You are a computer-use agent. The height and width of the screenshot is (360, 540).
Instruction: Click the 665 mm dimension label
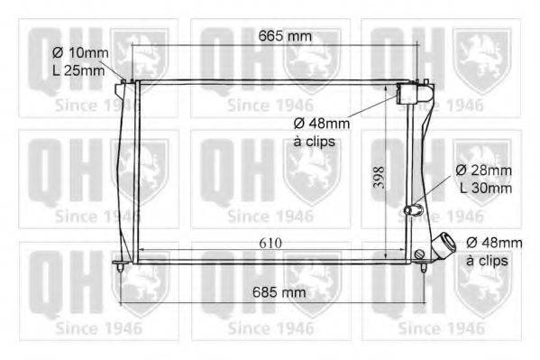coord(285,36)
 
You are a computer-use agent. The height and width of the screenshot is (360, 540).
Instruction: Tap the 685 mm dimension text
coord(279,292)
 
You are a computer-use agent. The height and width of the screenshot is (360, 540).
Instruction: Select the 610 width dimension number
coord(270,243)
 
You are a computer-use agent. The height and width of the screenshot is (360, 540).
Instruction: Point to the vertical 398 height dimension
coord(380,177)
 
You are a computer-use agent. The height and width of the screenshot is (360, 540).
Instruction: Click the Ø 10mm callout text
coord(80,52)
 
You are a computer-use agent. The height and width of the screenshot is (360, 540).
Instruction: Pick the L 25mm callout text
coord(78,70)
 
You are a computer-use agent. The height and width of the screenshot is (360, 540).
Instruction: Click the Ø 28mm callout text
coord(483,170)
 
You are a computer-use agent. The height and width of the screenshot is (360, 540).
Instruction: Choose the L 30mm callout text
coord(486,188)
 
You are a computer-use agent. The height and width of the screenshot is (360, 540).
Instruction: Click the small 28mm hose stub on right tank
coord(413,209)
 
